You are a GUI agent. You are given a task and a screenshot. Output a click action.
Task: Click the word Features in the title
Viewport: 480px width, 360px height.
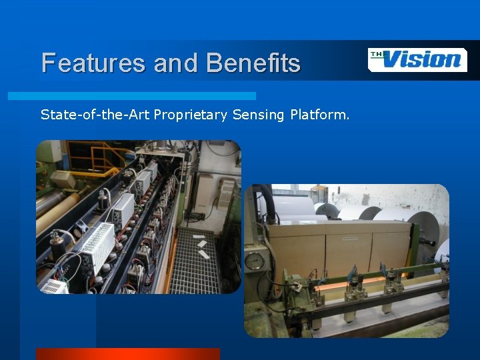[x=94, y=63]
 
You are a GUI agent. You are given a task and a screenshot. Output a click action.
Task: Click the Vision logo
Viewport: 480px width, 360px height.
[x=417, y=59]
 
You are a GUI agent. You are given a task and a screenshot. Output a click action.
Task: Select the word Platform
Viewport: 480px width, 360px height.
[x=319, y=115]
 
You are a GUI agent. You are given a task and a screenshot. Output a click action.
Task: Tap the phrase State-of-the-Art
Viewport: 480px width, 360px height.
[x=95, y=115]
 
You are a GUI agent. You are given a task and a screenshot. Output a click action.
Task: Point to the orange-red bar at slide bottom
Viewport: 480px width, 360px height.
[x=127, y=353]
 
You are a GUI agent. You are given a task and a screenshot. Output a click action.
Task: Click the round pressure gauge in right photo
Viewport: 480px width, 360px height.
[x=254, y=261]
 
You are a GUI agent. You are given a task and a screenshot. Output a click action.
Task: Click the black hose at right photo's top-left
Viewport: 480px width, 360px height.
[x=267, y=200]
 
